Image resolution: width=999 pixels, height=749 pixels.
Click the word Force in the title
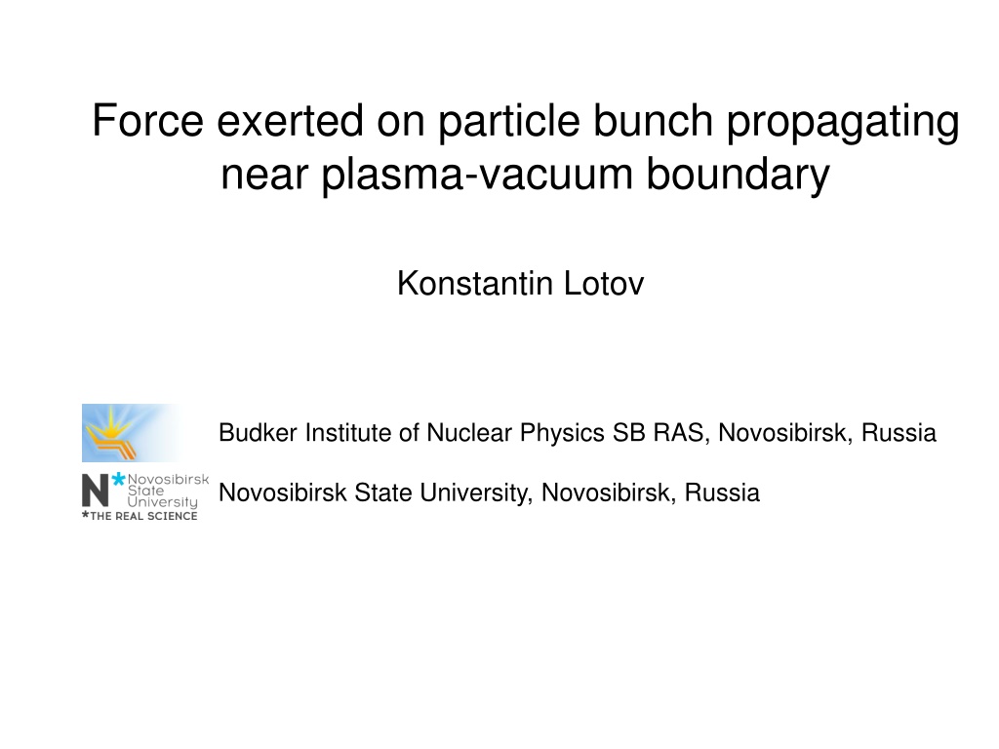tap(148, 120)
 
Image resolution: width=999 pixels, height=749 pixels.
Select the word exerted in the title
tap(290, 120)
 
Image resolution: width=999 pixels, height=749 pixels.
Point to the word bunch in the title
tap(653, 120)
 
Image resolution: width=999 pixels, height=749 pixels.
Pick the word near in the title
tap(264, 175)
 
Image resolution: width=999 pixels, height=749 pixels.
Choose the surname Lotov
tap(604, 284)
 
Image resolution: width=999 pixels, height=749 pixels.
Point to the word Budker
tap(258, 432)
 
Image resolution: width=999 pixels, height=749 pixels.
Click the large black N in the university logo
tap(96, 492)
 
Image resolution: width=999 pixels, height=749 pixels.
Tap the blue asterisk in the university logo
tap(118, 480)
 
